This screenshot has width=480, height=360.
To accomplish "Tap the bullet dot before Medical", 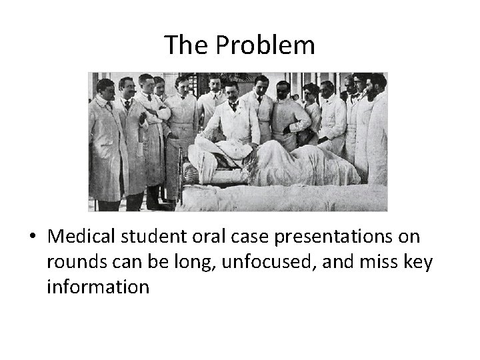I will click(32, 237).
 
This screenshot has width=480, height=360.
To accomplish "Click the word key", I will click(418, 263).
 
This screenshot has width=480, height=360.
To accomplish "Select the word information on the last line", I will click(98, 287).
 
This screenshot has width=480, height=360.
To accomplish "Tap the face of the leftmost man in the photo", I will click(105, 89).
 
